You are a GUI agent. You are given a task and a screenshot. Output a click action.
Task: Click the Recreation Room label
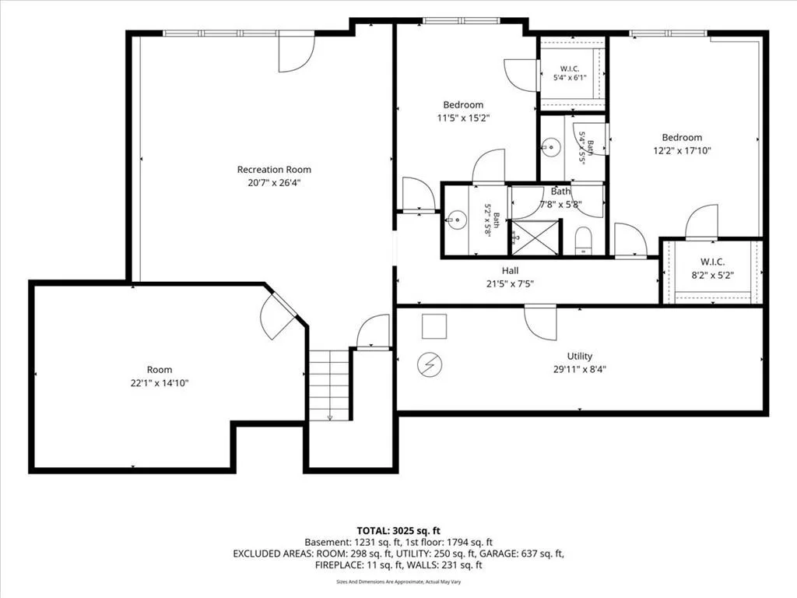click(x=274, y=169)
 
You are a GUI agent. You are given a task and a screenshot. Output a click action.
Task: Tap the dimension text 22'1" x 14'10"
click(x=159, y=383)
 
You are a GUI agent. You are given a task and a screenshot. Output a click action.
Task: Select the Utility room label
click(x=579, y=356)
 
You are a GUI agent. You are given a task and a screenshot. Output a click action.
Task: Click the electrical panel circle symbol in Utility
click(x=430, y=364)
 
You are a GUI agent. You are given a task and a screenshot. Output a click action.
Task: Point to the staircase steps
click(x=330, y=385)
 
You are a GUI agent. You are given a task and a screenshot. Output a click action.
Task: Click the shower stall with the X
click(x=535, y=237)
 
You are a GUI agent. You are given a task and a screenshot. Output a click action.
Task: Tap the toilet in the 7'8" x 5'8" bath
click(x=584, y=241)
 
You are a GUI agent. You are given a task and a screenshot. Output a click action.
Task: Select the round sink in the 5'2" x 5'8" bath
click(x=457, y=220)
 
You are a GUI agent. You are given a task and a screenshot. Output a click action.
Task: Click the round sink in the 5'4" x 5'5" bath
click(x=550, y=147)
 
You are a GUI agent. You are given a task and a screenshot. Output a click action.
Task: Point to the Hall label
click(x=510, y=270)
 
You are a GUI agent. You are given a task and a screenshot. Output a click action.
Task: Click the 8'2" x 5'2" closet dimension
click(x=712, y=275)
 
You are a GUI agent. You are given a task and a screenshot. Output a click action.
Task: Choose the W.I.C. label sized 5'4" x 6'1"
click(x=570, y=69)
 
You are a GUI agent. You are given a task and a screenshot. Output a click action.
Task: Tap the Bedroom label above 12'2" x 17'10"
click(x=682, y=137)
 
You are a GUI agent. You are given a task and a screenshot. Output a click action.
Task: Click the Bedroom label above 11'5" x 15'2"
click(x=463, y=105)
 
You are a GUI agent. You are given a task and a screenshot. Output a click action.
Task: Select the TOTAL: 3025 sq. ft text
click(x=398, y=531)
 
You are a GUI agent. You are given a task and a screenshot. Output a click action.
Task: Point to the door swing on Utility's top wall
click(x=540, y=322)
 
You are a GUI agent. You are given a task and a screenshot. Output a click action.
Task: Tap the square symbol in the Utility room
click(x=434, y=326)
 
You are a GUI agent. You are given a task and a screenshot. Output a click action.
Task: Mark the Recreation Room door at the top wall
click(x=297, y=51)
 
